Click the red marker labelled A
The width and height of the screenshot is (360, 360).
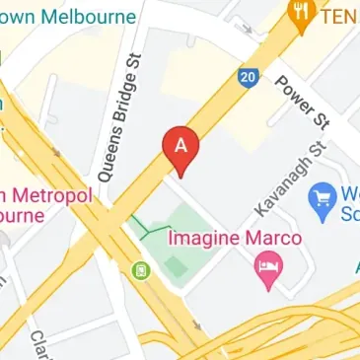[180, 145]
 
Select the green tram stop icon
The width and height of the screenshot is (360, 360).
[141, 267]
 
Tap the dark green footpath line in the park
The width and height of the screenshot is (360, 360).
[153, 230]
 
